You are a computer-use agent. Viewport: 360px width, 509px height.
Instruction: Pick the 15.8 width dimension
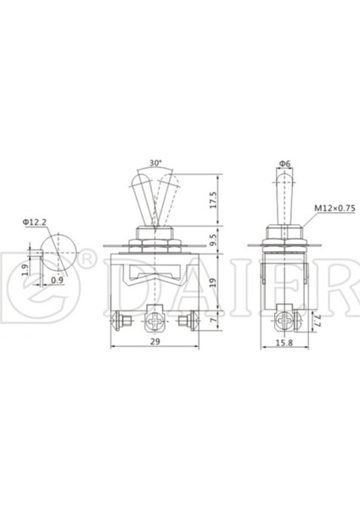pyautogui.click(x=284, y=342)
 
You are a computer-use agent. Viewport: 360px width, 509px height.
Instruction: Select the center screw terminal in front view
pyautogui.click(x=155, y=320)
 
